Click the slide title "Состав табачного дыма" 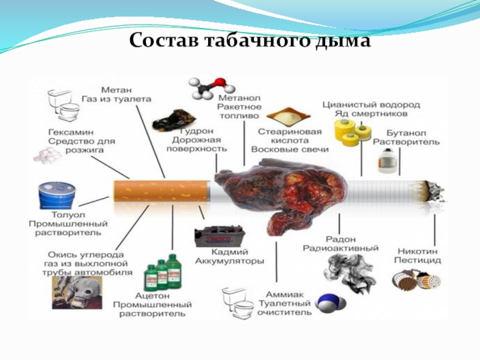250,41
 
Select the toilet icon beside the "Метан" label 64,106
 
